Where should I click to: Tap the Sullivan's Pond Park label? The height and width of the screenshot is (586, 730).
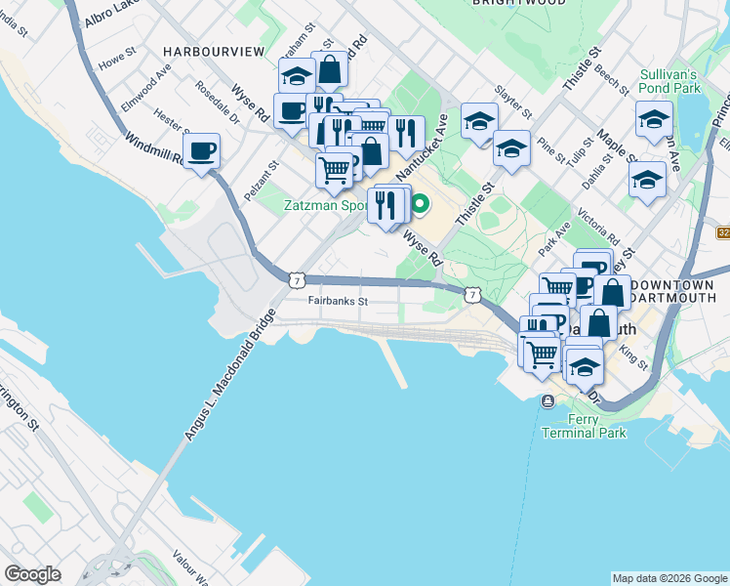pyautogui.click(x=670, y=81)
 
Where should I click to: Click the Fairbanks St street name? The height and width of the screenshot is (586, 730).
pyautogui.click(x=337, y=302)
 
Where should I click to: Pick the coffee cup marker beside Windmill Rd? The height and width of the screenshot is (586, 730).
pyautogui.click(x=202, y=151)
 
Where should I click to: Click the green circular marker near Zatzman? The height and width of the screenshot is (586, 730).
pyautogui.click(x=421, y=205)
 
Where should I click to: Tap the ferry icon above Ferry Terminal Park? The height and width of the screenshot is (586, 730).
pyautogui.click(x=548, y=401)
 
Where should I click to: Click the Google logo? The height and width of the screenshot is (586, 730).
pyautogui.click(x=33, y=574)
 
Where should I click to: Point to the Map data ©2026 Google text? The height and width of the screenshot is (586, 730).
pyautogui.click(x=669, y=578)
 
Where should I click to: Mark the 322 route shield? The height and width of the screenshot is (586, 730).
pyautogui.click(x=723, y=232)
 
